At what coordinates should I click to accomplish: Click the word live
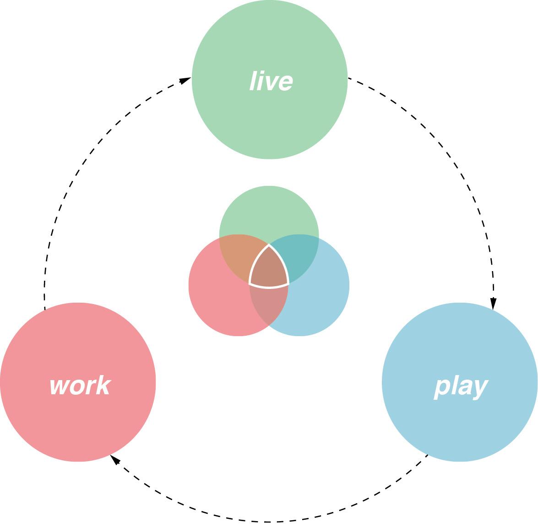click(271, 82)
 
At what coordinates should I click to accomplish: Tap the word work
click(80, 386)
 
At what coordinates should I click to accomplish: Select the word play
click(461, 387)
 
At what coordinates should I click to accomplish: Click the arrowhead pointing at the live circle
click(185, 81)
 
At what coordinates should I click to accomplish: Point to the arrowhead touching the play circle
click(493, 303)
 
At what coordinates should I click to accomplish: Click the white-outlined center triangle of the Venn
click(269, 270)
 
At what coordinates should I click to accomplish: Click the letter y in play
click(481, 389)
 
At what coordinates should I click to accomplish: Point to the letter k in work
click(103, 385)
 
